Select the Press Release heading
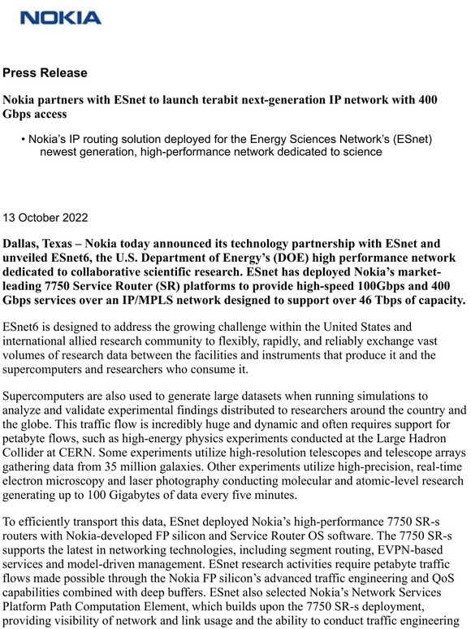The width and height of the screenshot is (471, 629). tap(45, 73)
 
